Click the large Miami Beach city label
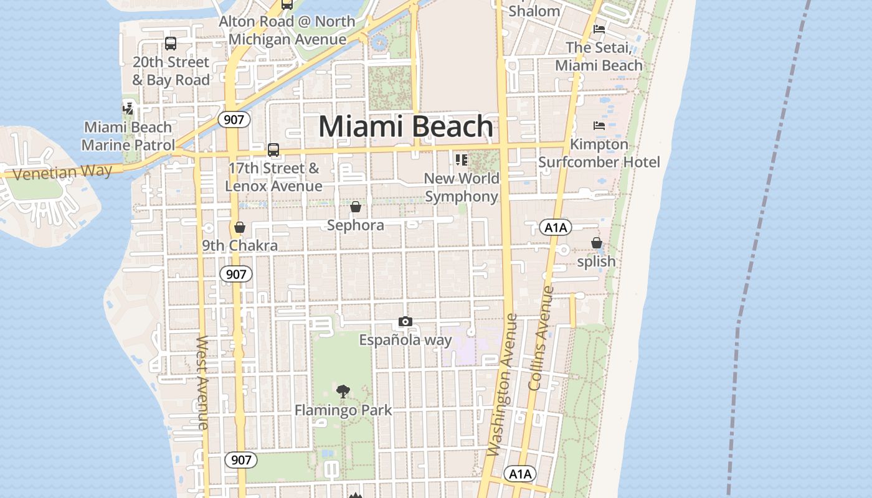[406, 126]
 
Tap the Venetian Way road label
[62, 171]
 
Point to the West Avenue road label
[202, 382]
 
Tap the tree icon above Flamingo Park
[343, 392]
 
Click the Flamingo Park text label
[343, 410]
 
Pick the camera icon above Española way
[405, 322]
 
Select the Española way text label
[405, 340]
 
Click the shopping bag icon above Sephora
[356, 207]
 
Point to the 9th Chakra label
[240, 245]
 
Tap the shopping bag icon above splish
[597, 243]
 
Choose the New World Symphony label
[462, 187]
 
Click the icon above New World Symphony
[462, 160]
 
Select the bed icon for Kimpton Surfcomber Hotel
[599, 126]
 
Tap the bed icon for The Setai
[599, 29]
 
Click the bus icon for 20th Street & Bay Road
[171, 44]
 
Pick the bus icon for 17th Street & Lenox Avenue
[273, 150]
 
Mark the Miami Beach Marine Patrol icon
[128, 109]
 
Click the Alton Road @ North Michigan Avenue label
[287, 30]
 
